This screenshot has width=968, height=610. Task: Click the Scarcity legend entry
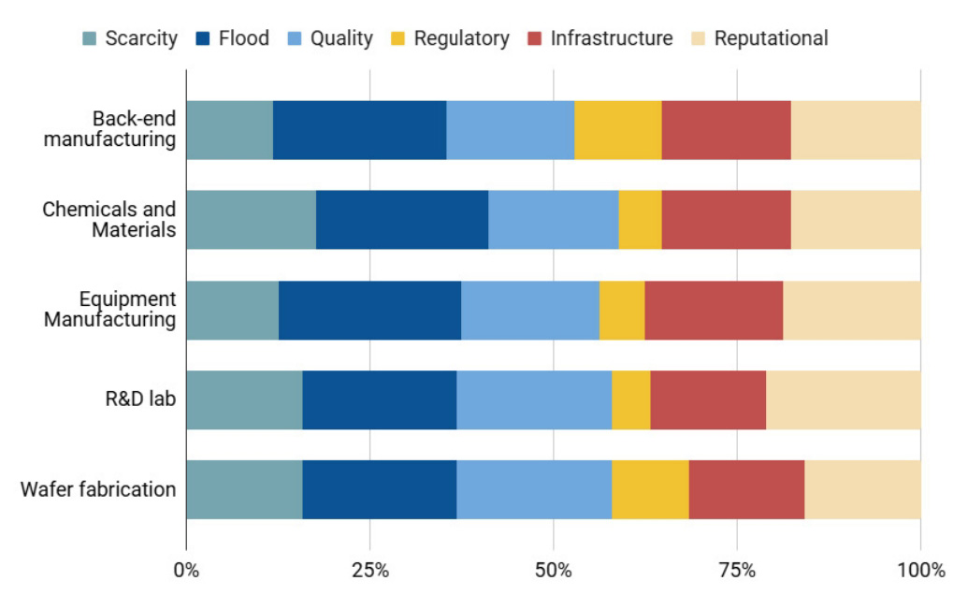click(x=130, y=38)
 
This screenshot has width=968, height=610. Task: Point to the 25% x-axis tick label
click(x=369, y=570)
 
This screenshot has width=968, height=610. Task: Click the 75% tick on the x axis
click(x=737, y=570)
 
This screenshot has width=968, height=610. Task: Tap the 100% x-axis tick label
click(x=920, y=570)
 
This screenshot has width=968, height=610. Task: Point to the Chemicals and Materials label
click(x=109, y=219)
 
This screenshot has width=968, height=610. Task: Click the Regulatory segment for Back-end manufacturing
click(x=618, y=130)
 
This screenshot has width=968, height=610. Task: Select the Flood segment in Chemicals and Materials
click(x=402, y=220)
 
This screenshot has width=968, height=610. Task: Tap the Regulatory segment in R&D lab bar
click(x=631, y=399)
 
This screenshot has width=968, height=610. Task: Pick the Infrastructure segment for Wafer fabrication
click(x=746, y=489)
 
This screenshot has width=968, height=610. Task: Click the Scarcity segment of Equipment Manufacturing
click(x=232, y=310)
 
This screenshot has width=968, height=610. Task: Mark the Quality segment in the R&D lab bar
click(x=534, y=399)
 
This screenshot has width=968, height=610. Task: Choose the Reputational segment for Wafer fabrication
click(x=862, y=489)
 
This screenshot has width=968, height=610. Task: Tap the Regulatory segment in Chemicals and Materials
click(x=640, y=220)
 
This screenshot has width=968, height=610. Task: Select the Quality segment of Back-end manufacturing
click(x=510, y=130)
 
